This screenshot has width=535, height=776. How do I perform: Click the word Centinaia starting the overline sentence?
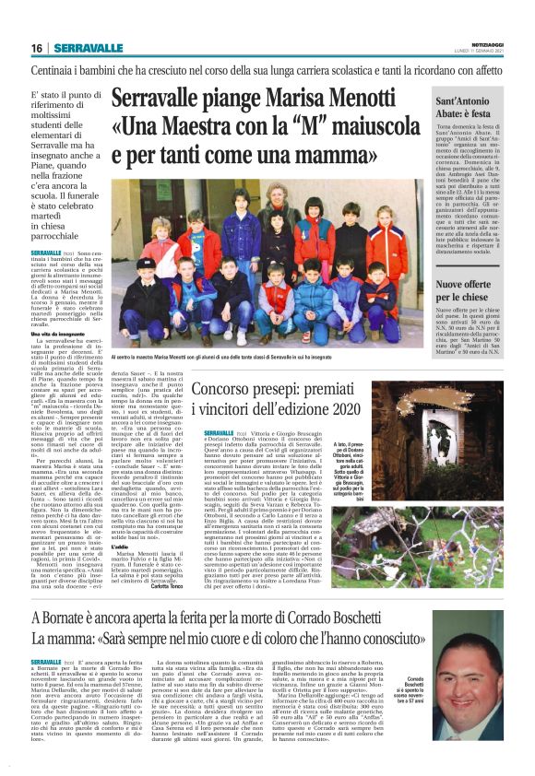pyautogui.click(x=54, y=70)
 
